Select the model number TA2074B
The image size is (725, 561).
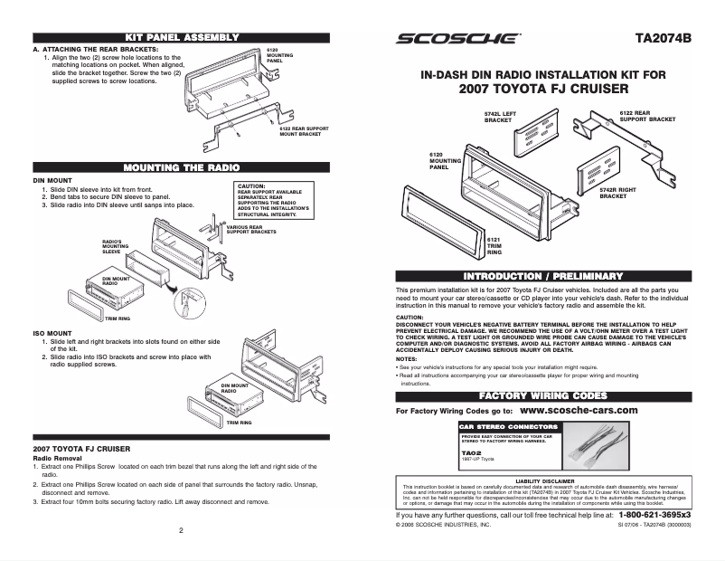(663, 39)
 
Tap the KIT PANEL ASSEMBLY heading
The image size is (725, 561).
(182, 37)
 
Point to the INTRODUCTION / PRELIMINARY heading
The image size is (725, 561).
(543, 275)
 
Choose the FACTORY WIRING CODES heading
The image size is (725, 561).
(543, 396)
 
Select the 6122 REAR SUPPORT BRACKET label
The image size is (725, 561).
(647, 116)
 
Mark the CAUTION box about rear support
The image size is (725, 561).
(274, 199)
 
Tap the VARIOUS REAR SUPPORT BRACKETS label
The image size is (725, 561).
(250, 230)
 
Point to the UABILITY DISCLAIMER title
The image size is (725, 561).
(544, 480)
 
